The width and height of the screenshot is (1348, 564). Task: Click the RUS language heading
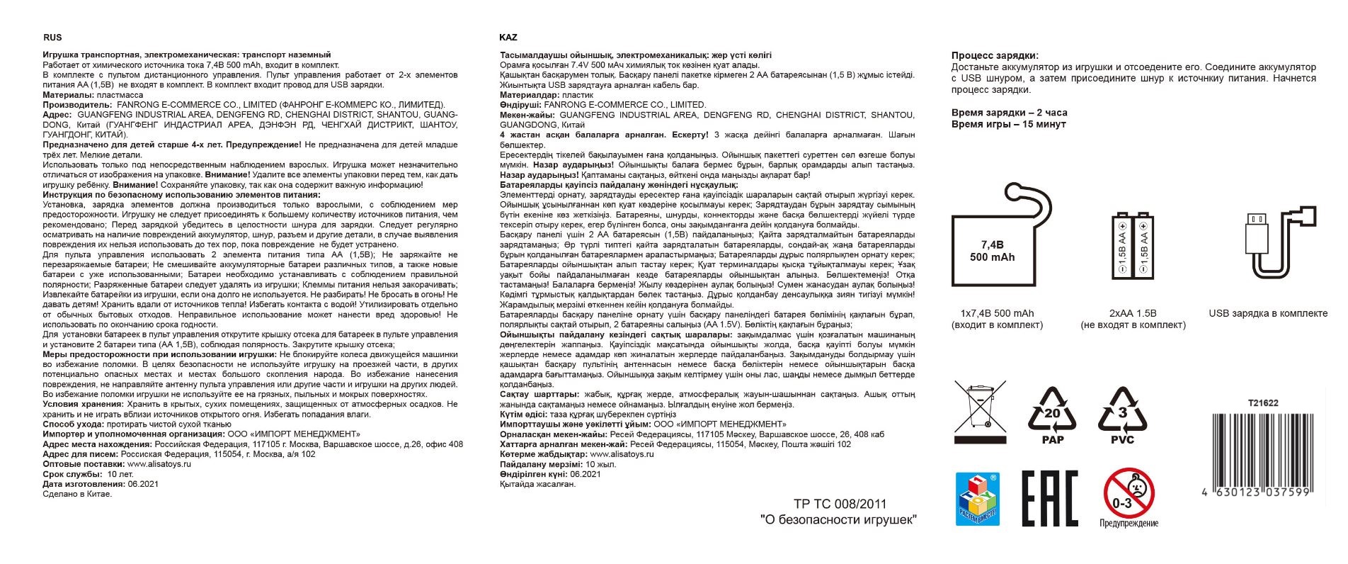[52, 38]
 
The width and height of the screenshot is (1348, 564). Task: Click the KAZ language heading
[508, 38]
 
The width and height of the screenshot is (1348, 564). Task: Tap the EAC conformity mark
[1049, 498]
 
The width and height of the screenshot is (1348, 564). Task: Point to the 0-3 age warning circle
[1129, 493]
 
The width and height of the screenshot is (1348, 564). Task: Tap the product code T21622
[1263, 403]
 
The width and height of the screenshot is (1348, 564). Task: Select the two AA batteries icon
[1132, 253]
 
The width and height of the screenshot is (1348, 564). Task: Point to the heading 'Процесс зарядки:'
[995, 55]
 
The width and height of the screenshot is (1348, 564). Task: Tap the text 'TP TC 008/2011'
[840, 504]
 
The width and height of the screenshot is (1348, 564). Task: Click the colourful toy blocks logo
[977, 499]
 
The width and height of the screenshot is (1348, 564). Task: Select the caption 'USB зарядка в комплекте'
[1268, 313]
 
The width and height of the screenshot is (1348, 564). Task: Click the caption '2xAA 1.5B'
[1133, 313]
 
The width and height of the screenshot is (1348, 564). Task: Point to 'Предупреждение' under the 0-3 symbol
[1129, 524]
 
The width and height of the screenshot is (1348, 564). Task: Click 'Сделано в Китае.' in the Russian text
[77, 495]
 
